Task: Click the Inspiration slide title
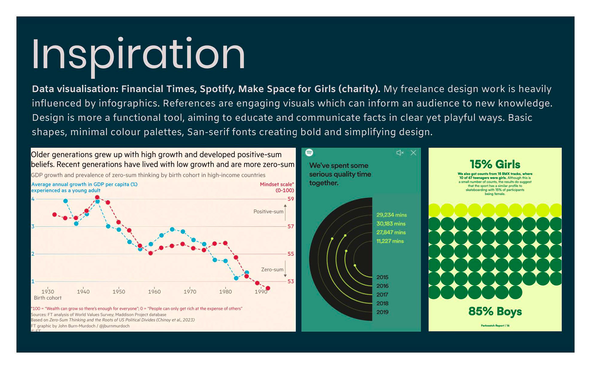(x=138, y=55)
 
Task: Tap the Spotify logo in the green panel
(x=309, y=153)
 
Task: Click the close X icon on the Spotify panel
(x=413, y=153)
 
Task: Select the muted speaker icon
(x=400, y=153)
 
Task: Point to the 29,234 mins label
(x=391, y=215)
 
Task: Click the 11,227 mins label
(x=390, y=241)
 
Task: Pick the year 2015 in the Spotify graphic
(x=382, y=277)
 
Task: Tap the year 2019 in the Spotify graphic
(x=382, y=312)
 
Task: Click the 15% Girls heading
(x=495, y=165)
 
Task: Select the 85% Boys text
(x=495, y=311)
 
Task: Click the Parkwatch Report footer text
(x=495, y=326)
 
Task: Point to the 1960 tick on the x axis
(x=154, y=292)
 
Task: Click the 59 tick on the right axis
(x=291, y=199)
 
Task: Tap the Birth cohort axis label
(x=48, y=298)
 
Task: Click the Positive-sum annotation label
(x=268, y=212)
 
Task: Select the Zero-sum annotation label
(x=272, y=270)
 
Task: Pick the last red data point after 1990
(x=268, y=288)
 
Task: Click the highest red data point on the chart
(x=97, y=197)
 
